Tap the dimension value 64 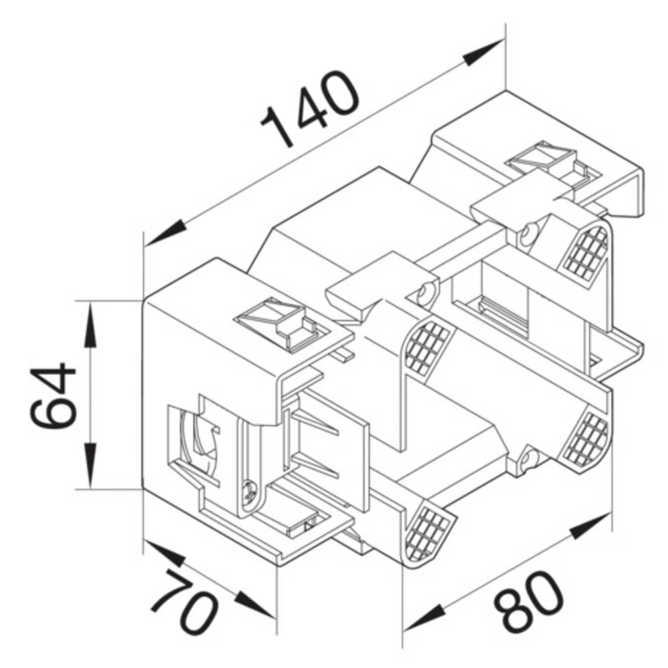click(53, 395)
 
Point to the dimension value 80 click(528, 601)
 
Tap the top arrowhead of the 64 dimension click(89, 321)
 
